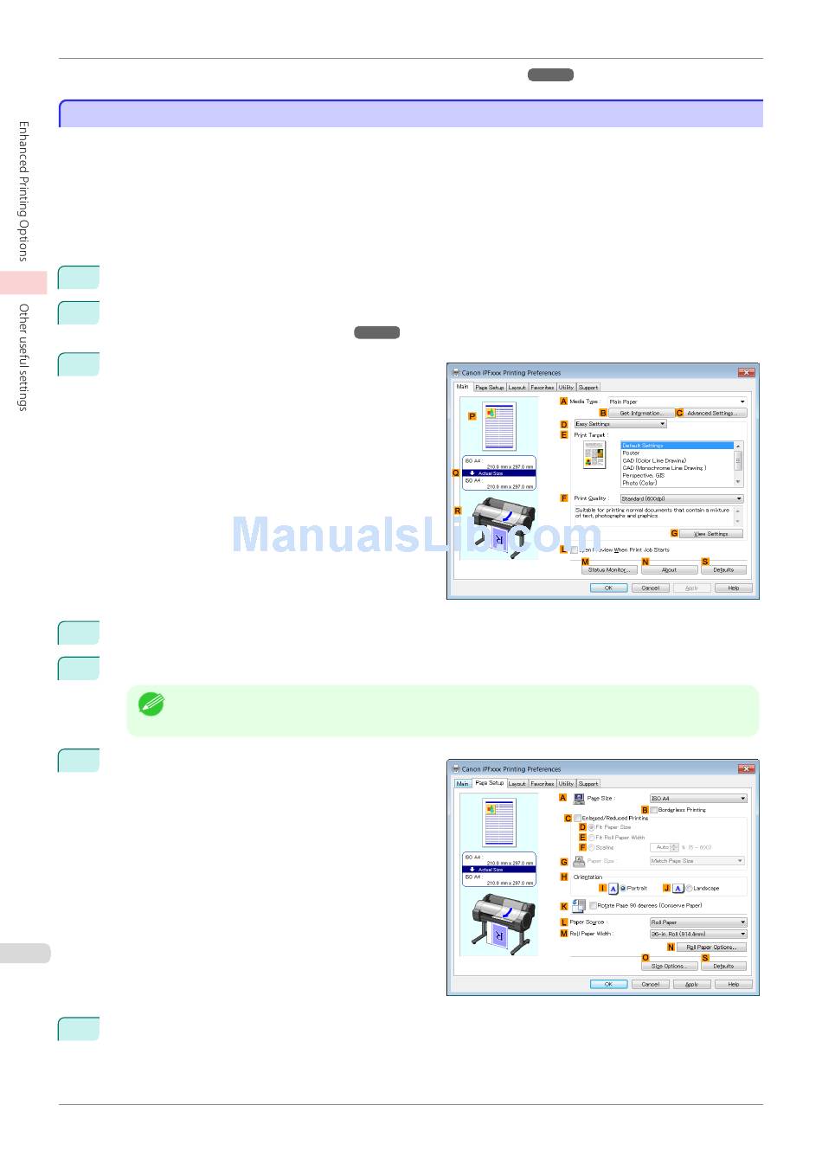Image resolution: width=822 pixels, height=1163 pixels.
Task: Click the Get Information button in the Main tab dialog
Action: point(641,414)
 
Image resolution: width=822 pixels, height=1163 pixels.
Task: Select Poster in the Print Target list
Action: point(632,453)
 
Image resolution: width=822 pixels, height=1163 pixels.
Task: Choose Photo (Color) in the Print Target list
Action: point(639,483)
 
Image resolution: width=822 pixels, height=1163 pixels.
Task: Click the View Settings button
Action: point(711,534)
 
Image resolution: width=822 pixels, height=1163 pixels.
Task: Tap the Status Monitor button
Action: point(608,570)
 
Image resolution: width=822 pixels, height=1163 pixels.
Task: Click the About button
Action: point(670,570)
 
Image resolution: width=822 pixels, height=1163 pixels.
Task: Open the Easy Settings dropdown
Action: point(620,424)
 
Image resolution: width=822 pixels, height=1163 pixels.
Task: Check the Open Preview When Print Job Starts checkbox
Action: point(575,550)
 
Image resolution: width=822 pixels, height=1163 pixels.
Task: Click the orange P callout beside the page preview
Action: point(472,416)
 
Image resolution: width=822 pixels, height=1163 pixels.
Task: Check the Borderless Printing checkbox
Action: point(654,810)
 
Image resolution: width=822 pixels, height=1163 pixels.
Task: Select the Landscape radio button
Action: point(690,888)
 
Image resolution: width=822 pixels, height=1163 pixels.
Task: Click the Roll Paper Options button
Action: point(711,948)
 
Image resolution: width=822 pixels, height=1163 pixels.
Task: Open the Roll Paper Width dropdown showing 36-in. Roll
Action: point(697,935)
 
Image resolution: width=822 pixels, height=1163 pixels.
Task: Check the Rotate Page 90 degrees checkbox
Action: point(593,906)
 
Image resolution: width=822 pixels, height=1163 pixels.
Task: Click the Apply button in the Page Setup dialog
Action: point(692,985)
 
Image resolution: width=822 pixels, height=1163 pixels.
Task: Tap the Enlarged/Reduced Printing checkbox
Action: point(578,818)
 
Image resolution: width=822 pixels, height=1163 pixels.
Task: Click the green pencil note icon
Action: point(151,704)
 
